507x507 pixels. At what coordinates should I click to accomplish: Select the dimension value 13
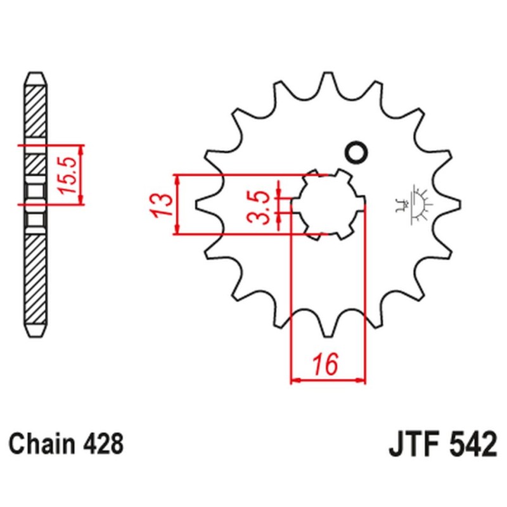[x=162, y=204]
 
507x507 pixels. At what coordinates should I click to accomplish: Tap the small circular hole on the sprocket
[x=355, y=153]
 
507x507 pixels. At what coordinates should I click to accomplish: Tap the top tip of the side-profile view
[x=35, y=74]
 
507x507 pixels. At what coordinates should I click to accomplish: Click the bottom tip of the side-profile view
[x=35, y=335]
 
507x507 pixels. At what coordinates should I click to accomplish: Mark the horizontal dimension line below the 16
[x=328, y=381]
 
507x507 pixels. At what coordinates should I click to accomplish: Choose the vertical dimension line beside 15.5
[x=81, y=174]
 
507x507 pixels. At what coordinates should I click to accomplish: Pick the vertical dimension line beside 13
[x=178, y=204]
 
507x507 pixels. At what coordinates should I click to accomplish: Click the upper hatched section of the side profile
[x=35, y=111]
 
